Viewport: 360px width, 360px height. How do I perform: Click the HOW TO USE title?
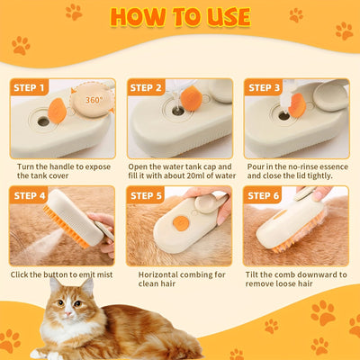(x=180, y=18)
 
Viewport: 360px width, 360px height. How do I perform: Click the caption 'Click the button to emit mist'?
(x=60, y=274)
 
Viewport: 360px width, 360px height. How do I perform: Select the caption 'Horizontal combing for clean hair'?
(x=179, y=280)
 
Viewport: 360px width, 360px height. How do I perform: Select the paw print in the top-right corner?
(x=344, y=31)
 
